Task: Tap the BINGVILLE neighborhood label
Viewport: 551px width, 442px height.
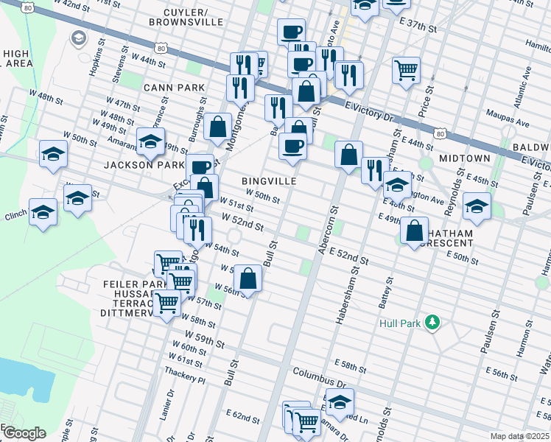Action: (269, 180)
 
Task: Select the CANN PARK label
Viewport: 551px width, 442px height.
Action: (173, 88)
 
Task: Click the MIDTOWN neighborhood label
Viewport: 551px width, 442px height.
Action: (464, 158)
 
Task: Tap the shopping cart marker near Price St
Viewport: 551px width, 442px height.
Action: (407, 71)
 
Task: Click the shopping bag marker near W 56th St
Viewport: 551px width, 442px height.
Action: (249, 279)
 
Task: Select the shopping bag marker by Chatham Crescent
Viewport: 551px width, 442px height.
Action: (415, 231)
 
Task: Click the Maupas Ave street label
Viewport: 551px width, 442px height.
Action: (508, 115)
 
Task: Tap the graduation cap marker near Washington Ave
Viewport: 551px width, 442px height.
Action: (477, 207)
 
